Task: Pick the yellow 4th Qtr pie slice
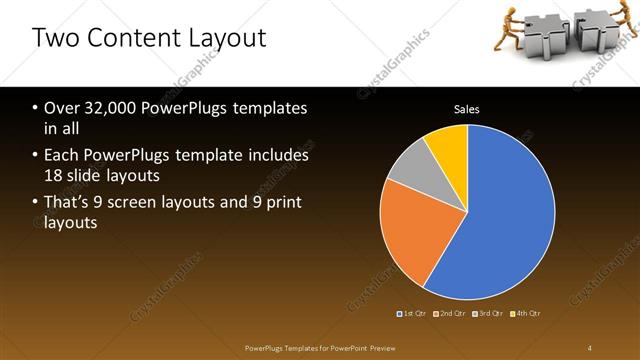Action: click(447, 145)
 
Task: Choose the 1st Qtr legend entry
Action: click(412, 314)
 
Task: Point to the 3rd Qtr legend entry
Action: click(488, 314)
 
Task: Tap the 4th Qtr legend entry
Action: click(524, 314)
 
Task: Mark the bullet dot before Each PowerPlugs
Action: click(35, 156)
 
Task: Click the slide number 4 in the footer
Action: click(590, 347)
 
